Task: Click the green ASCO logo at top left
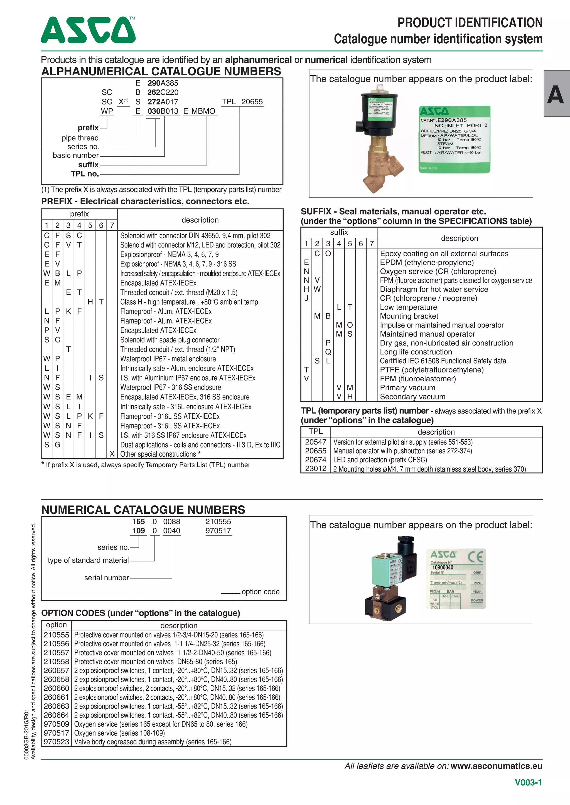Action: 88,30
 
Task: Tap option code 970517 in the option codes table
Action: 56,733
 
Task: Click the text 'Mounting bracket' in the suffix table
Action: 409,316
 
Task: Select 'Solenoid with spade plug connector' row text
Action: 169,340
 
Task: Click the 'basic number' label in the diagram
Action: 75,155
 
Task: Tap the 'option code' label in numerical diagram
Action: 261,592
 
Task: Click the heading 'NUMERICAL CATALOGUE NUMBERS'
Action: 143,510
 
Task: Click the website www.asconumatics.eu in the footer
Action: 496,766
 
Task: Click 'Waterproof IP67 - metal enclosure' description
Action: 168,359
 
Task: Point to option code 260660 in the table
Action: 56,688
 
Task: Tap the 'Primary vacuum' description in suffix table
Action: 407,387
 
